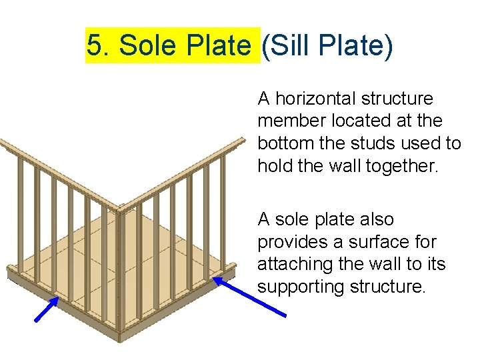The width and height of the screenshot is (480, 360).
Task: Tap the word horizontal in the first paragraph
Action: (317, 99)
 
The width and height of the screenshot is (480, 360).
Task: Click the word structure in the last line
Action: (387, 287)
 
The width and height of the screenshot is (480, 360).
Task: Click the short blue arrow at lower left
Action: (47, 309)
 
